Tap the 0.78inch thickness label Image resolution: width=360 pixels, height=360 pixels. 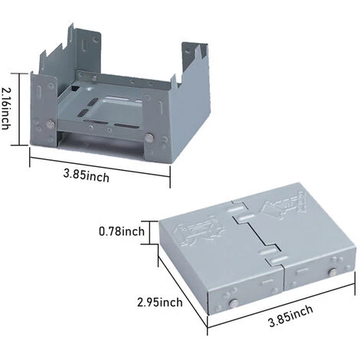click(121, 231)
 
